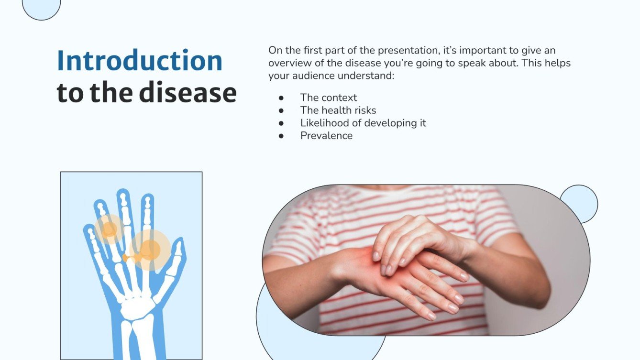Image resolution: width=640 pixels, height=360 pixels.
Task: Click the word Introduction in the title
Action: click(x=139, y=61)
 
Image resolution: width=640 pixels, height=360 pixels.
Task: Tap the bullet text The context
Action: click(x=328, y=98)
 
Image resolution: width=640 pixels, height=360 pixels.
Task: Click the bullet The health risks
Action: click(x=338, y=110)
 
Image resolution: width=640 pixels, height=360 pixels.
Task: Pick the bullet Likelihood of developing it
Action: click(x=363, y=123)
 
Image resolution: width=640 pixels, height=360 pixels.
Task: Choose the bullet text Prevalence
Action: click(x=326, y=136)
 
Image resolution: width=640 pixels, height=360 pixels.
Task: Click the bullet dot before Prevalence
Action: click(x=281, y=136)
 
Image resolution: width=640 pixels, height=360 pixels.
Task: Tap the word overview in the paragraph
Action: click(x=289, y=63)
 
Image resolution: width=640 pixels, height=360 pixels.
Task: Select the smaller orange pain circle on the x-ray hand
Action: click(x=110, y=229)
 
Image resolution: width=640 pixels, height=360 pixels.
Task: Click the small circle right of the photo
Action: click(x=579, y=204)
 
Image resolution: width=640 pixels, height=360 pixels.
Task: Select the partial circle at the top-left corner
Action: click(x=42, y=7)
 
